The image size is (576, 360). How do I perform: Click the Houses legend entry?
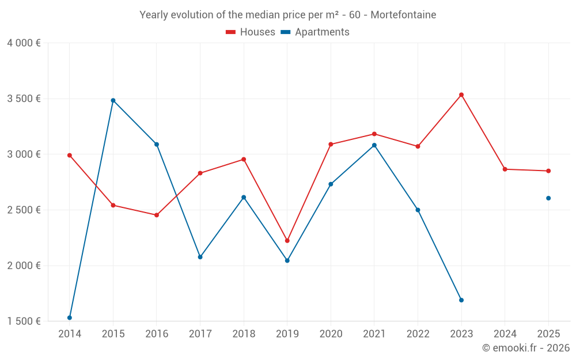251,32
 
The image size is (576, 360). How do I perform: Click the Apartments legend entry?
315,32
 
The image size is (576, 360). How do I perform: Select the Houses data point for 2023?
461,94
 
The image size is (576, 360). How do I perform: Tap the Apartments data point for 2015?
113,100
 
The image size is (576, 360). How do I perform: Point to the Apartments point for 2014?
70,317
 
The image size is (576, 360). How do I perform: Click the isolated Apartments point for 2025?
548,198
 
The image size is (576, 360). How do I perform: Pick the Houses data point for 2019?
287,241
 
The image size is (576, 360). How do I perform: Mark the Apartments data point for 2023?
461,300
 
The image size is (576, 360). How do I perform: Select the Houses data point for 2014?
70,155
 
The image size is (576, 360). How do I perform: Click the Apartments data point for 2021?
374,145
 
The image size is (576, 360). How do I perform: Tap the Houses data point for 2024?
505,169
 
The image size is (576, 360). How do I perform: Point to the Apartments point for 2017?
200,257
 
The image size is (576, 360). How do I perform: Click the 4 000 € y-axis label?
24,43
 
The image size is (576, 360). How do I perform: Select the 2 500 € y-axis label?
24,210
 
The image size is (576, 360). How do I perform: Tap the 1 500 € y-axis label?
24,321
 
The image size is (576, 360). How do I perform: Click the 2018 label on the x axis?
244,334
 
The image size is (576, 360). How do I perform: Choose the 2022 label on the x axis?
418,334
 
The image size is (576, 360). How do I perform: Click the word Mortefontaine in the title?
403,14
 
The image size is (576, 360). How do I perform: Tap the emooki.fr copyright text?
526,348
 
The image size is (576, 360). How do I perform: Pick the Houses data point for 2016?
157,215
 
